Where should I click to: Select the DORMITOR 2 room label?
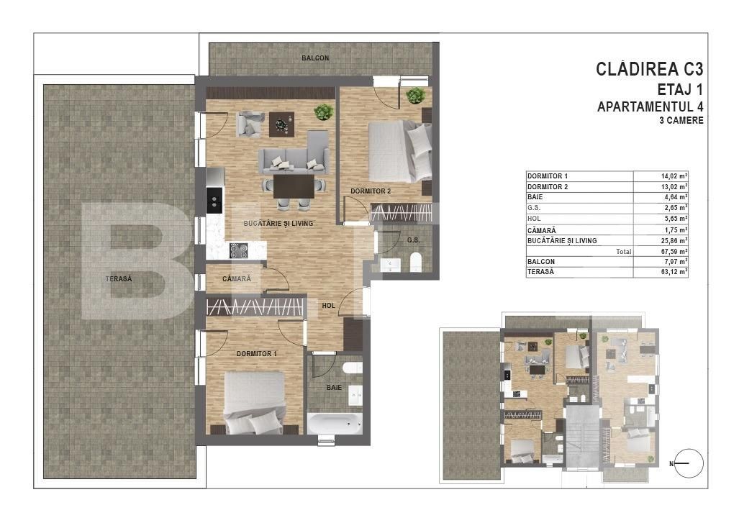pyautogui.click(x=371, y=191)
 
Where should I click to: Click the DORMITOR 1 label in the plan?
pyautogui.click(x=257, y=354)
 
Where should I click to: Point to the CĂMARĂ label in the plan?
pyautogui.click(x=237, y=278)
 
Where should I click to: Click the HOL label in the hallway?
pyautogui.click(x=329, y=306)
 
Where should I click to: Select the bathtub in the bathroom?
pyautogui.click(x=335, y=422)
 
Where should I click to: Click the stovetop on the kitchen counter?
pyautogui.click(x=239, y=250)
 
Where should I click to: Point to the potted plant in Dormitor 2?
pyautogui.click(x=415, y=96)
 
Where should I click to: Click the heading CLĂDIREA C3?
pyautogui.click(x=649, y=69)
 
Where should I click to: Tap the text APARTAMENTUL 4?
pyautogui.click(x=650, y=106)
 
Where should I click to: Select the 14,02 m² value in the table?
pyautogui.click(x=674, y=176)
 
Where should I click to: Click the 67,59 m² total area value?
pyautogui.click(x=674, y=252)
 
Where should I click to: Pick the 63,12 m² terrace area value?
pyautogui.click(x=674, y=272)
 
